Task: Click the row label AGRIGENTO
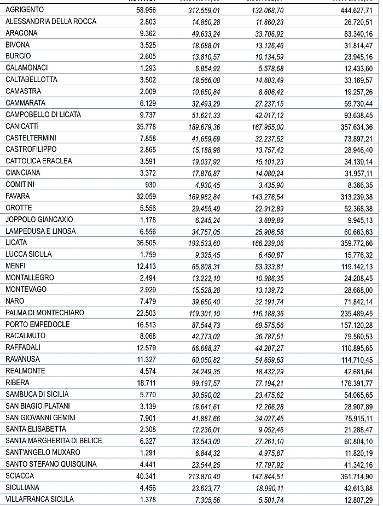click(x=25, y=10)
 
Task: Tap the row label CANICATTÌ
click(x=22, y=126)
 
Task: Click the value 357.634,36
click(x=355, y=126)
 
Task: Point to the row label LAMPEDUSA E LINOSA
click(x=41, y=231)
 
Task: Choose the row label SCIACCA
click(x=20, y=476)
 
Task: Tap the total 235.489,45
click(x=355, y=313)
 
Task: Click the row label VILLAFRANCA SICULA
click(x=39, y=499)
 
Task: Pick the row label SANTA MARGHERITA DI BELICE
click(x=54, y=441)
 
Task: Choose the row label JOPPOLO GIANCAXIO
click(x=39, y=220)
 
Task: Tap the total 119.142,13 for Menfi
click(x=355, y=266)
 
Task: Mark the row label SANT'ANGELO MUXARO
click(x=43, y=452)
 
